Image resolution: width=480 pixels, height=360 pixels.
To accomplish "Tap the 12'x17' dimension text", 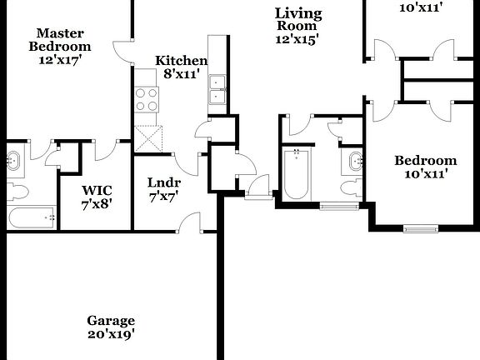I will (60, 61).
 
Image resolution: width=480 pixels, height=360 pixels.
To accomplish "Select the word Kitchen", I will (181, 60).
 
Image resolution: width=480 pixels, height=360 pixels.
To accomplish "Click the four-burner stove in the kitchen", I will (147, 100).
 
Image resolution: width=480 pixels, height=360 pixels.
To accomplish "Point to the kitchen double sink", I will (219, 89).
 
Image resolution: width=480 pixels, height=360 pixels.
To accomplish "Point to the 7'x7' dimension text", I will (163, 197).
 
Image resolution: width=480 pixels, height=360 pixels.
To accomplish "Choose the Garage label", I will (111, 320).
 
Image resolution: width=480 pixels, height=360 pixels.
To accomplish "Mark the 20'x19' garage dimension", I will (111, 334).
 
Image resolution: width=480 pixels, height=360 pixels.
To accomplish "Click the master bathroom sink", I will (14, 159).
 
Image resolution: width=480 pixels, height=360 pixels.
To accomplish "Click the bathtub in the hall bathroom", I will (296, 173).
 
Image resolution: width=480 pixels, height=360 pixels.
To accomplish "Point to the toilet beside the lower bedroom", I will (352, 187).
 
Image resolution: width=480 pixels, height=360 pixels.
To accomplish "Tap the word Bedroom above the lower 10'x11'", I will (425, 161).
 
